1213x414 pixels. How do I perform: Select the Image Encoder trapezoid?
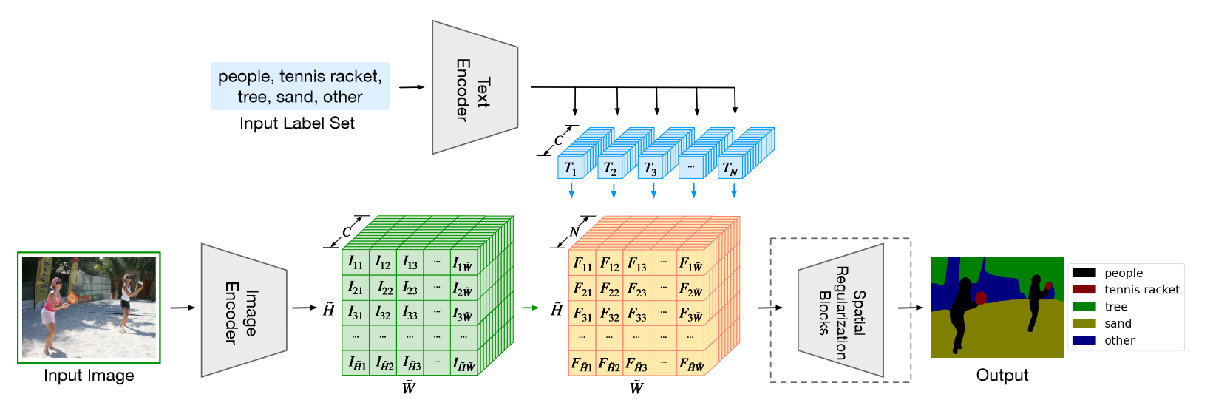(243, 310)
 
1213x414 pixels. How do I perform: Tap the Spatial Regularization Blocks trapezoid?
(841, 310)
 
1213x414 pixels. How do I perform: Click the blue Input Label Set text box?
(299, 86)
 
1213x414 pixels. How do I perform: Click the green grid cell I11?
(356, 262)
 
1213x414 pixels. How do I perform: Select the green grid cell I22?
(384, 288)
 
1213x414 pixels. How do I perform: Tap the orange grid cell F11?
(582, 263)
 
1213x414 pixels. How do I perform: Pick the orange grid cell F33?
(636, 313)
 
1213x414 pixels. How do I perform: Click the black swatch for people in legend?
(1084, 273)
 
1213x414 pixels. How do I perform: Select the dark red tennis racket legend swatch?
(1084, 290)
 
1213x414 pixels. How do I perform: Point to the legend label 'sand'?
(1118, 324)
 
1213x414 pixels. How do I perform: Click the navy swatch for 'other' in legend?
(1084, 341)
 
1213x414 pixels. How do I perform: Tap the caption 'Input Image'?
(89, 376)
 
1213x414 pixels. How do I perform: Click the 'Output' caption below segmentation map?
(1002, 376)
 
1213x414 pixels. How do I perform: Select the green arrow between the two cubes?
(531, 308)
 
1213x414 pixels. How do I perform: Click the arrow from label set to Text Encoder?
(411, 87)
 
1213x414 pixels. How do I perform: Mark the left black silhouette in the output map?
(961, 310)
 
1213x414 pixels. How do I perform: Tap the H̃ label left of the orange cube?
(556, 309)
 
